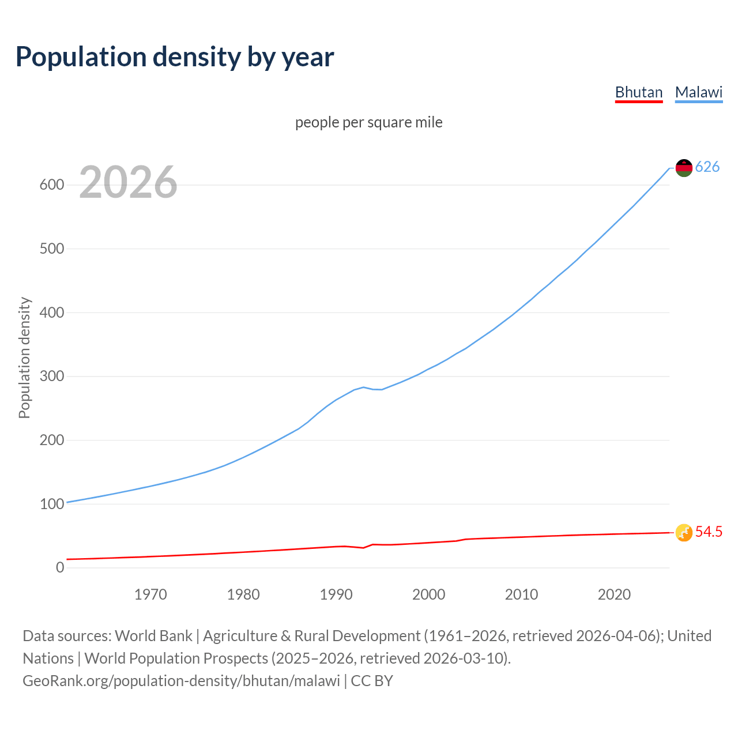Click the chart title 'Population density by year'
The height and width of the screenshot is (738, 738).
[175, 57]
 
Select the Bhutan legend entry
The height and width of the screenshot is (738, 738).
[639, 92]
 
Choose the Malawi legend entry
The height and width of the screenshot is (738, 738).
[699, 92]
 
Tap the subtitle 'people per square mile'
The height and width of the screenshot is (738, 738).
[369, 122]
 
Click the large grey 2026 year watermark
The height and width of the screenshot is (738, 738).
[128, 182]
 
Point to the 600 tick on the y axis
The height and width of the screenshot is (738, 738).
[51, 185]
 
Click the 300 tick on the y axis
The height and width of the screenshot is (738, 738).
[51, 376]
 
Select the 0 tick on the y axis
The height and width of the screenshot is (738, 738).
[60, 567]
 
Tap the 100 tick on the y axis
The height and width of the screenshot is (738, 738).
[51, 504]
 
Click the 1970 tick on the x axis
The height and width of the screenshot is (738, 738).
[150, 594]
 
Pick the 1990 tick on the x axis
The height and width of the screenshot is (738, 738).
[336, 594]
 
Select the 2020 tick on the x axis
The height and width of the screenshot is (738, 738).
[614, 594]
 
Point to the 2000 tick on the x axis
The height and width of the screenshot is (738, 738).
[429, 594]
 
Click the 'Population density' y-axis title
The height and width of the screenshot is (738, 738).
[24, 357]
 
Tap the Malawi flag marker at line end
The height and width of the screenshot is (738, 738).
[684, 168]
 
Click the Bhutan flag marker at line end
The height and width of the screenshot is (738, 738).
[684, 533]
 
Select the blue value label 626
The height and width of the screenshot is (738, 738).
[707, 167]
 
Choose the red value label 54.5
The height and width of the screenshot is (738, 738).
[709, 532]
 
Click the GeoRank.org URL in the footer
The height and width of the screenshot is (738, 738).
[181, 681]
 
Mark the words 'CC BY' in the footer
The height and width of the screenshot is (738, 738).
[372, 681]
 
